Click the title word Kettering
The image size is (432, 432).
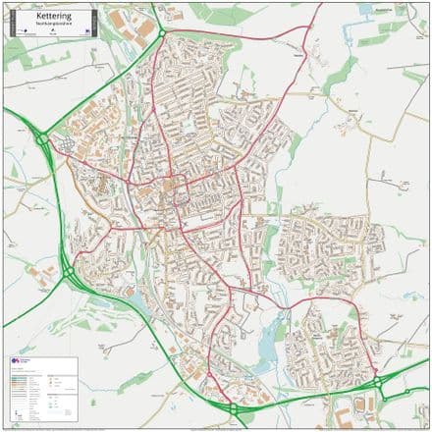[50, 16]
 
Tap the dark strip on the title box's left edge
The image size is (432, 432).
[12, 21]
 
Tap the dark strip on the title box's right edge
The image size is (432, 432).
[88, 21]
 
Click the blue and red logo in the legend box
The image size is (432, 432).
[16, 362]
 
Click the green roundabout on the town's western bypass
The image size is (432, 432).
[42, 141]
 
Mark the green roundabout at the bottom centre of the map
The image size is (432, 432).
[233, 408]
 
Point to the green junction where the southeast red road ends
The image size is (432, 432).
[377, 382]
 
